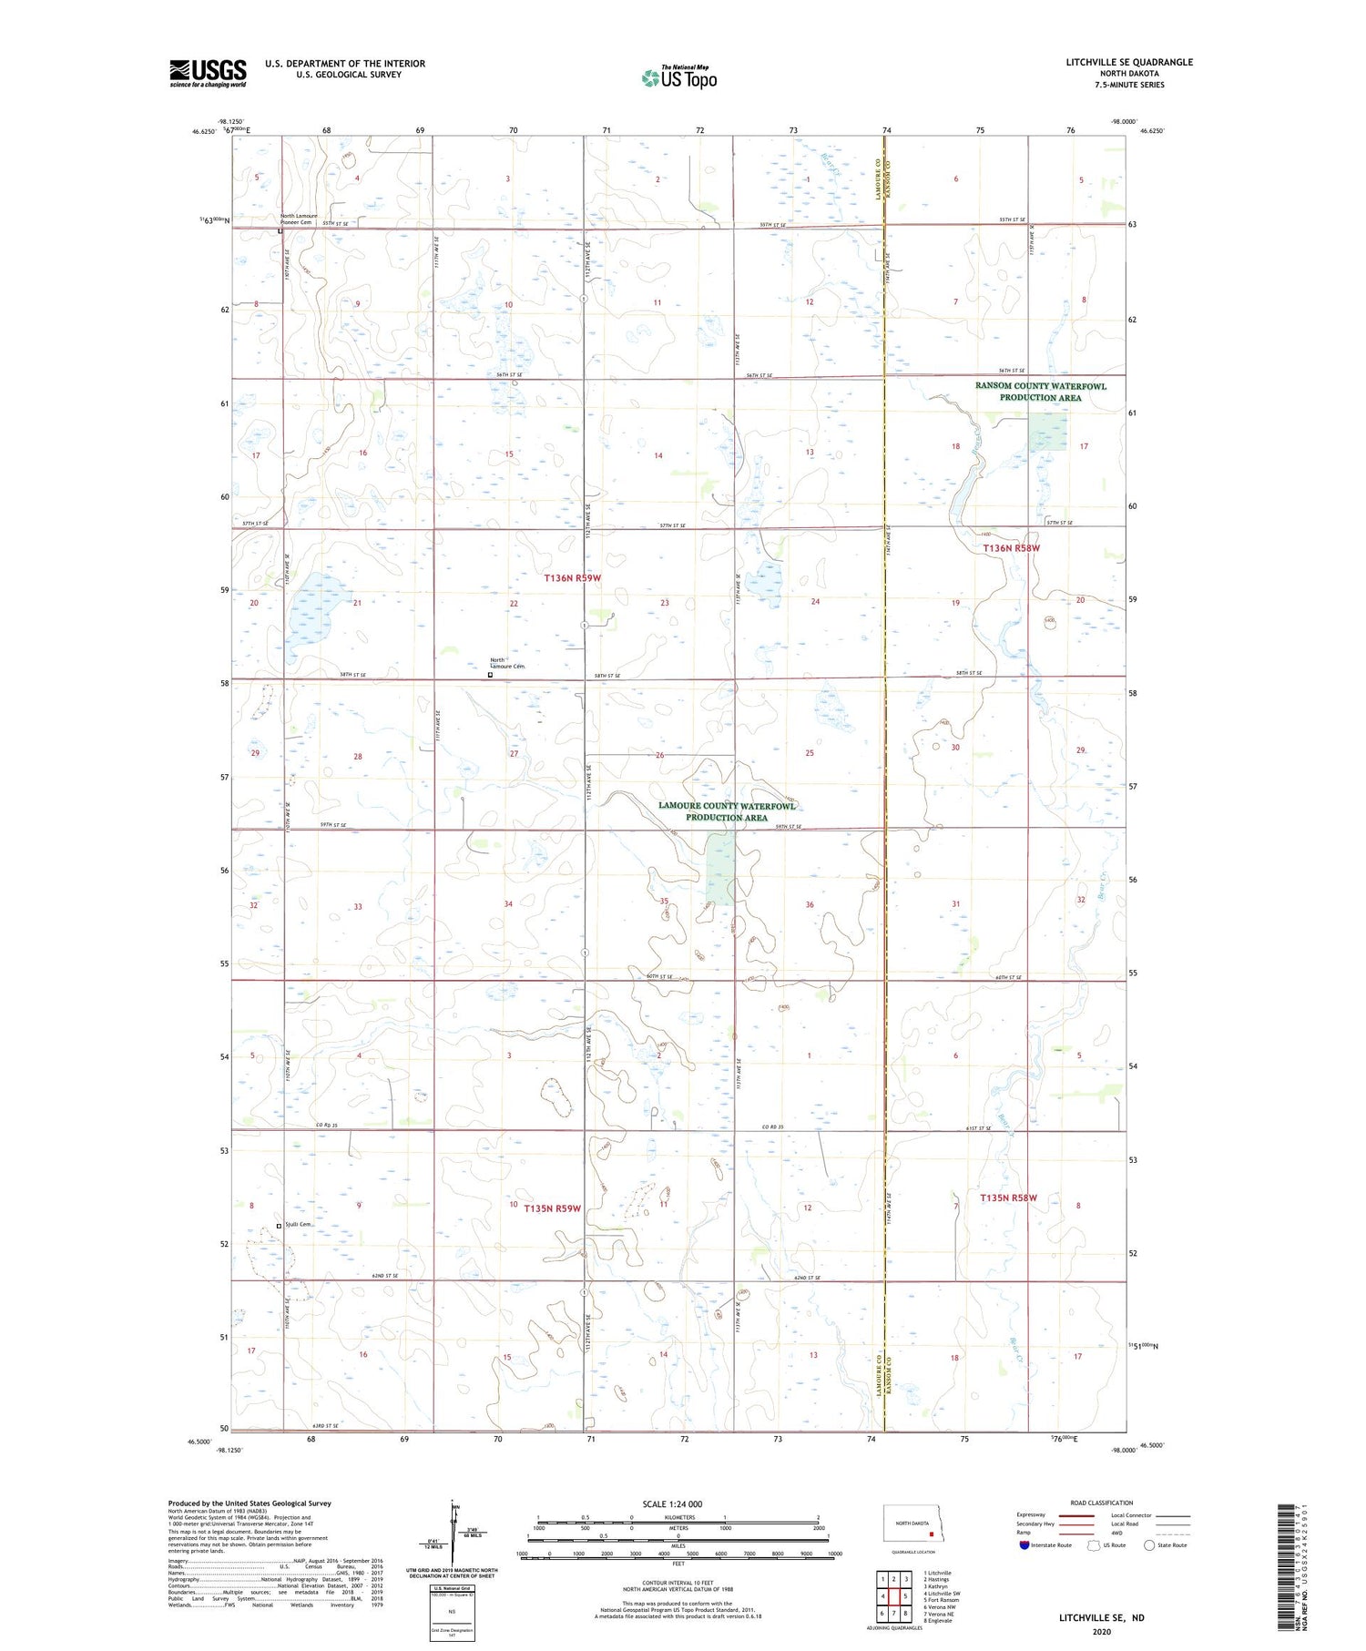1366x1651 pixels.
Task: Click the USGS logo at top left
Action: [x=208, y=73]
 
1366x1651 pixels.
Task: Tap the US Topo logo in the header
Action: [x=679, y=78]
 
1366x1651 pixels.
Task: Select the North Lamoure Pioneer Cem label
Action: [x=299, y=219]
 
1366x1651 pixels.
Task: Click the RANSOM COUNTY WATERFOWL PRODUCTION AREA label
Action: [x=1040, y=392]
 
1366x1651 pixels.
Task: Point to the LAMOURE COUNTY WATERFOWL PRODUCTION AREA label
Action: [x=727, y=811]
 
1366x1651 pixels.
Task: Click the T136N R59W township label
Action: [x=573, y=578]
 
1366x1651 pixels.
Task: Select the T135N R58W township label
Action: [x=1009, y=1198]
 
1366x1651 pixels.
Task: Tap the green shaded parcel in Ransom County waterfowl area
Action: [x=1047, y=431]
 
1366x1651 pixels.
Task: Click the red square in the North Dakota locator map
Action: [x=931, y=1533]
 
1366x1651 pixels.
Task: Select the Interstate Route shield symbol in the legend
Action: [x=1024, y=1545]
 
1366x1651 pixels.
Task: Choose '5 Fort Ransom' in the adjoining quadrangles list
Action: [x=941, y=1600]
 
